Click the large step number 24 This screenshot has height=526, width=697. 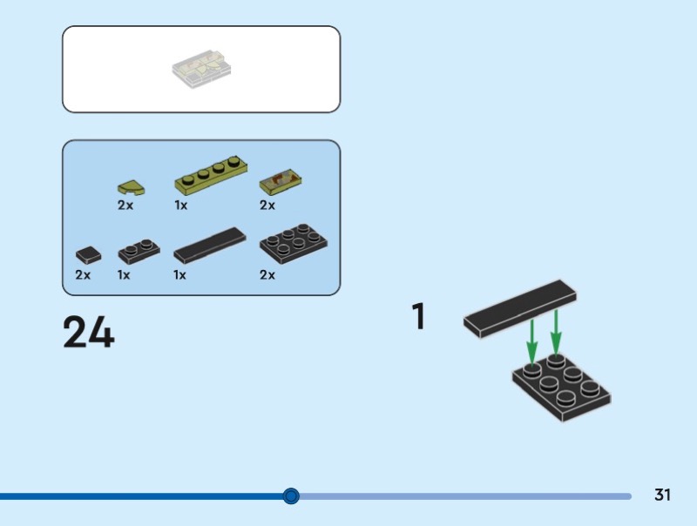tap(88, 333)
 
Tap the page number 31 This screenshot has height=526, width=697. tap(662, 496)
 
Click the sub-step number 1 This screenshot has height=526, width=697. tap(418, 316)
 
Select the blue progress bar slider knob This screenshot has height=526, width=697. tap(291, 496)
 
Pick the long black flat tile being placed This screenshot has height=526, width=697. tap(520, 307)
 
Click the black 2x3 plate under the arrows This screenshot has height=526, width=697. tap(562, 389)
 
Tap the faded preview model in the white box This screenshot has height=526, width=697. tap(202, 69)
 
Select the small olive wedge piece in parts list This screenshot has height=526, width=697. tap(131, 186)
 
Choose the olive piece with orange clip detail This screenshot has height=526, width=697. tap(281, 182)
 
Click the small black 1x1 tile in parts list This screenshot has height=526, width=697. tap(88, 255)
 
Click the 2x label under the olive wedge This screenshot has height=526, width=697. tap(125, 206)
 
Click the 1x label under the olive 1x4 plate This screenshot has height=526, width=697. tap(181, 206)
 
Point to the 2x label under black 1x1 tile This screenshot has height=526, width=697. tap(83, 275)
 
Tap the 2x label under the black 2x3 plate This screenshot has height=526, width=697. tap(267, 275)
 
